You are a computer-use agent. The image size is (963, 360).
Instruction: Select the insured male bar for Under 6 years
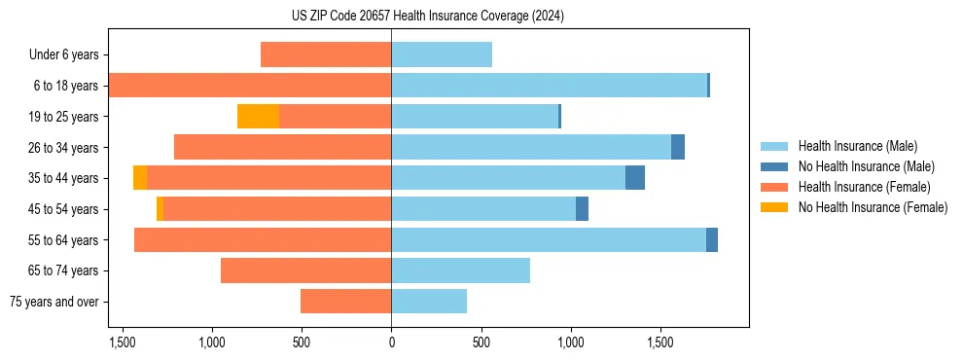pos(442,54)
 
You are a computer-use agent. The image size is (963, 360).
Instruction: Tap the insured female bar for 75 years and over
pos(345,302)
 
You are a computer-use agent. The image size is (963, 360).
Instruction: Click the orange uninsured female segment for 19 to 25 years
pos(258,117)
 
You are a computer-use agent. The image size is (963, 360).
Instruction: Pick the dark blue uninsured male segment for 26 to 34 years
pos(678,147)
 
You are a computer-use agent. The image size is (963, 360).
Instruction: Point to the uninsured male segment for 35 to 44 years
pos(635,178)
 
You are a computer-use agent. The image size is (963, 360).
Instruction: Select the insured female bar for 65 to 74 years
pos(305,270)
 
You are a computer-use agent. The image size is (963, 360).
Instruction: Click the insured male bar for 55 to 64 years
pos(549,239)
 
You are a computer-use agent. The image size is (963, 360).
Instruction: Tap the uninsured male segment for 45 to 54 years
pos(582,209)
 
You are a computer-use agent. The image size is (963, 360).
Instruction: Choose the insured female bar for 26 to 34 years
pos(282,147)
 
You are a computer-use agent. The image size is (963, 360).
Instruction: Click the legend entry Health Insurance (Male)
pos(857,146)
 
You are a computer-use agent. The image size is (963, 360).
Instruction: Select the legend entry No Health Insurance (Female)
pos(873,207)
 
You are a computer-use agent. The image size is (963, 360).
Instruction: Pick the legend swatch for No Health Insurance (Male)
pos(774,166)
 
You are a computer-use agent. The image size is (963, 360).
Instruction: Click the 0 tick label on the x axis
pos(391,343)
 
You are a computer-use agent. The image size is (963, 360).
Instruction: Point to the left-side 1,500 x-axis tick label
pos(123,343)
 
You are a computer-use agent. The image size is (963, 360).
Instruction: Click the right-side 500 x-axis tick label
pos(481,343)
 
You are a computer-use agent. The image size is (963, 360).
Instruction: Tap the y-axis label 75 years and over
pos(54,302)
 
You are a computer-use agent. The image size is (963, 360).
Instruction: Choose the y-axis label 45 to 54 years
pos(61,209)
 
